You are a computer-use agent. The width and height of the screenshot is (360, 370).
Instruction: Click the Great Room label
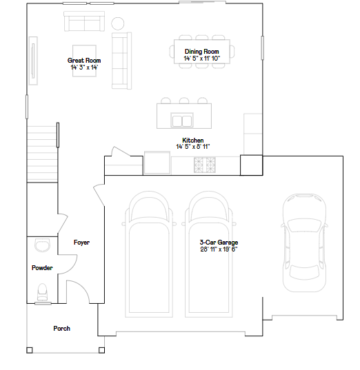(x=84, y=61)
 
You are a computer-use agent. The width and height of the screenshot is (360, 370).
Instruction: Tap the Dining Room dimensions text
(x=202, y=59)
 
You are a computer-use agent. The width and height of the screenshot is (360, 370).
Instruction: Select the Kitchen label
(x=192, y=140)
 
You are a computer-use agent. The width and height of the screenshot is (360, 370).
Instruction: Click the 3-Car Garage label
(x=219, y=243)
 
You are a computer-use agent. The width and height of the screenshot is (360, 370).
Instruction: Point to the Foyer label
(x=81, y=243)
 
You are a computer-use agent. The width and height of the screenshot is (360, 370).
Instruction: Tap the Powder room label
(x=42, y=268)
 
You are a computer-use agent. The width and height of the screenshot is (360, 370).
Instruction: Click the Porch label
(x=61, y=329)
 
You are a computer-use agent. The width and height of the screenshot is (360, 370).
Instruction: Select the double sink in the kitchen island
(x=182, y=121)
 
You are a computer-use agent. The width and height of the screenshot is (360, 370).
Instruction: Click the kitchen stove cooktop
(x=205, y=165)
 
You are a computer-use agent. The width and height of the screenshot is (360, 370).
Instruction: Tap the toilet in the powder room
(x=43, y=292)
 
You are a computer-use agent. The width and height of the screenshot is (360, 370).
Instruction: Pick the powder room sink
(x=43, y=245)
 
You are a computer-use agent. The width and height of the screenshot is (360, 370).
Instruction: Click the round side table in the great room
(x=118, y=23)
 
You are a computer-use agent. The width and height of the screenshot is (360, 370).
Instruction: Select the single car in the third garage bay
(x=305, y=243)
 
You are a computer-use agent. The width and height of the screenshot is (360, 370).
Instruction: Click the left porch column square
(x=30, y=350)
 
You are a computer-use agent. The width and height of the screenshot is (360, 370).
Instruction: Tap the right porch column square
(x=101, y=350)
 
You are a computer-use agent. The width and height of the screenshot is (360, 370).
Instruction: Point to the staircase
(x=42, y=154)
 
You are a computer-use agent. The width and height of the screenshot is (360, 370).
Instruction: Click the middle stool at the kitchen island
(x=184, y=101)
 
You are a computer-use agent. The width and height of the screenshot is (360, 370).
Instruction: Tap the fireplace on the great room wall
(x=33, y=61)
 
